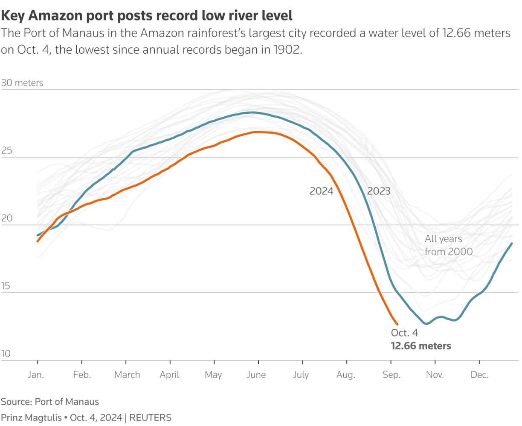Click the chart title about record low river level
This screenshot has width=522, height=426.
(147, 16)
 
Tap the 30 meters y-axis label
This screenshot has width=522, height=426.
(22, 83)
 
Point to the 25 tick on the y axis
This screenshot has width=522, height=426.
(7, 151)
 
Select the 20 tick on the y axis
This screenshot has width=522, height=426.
(7, 219)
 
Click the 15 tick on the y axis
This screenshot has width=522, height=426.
(7, 286)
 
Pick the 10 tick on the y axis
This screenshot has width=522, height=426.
(7, 354)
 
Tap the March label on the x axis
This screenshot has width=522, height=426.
(127, 375)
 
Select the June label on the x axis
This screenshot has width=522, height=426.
(256, 375)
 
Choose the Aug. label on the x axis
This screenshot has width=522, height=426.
(345, 375)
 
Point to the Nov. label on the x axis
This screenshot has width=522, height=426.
(435, 375)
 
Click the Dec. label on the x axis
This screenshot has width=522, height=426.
(479, 375)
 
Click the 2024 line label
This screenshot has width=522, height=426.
(321, 191)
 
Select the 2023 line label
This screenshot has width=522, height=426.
(379, 191)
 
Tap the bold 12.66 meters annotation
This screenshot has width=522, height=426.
(421, 346)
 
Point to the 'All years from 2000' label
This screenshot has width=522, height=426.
(448, 245)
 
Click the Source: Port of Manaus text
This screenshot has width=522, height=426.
(50, 402)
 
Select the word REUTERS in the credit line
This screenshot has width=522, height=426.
(150, 417)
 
